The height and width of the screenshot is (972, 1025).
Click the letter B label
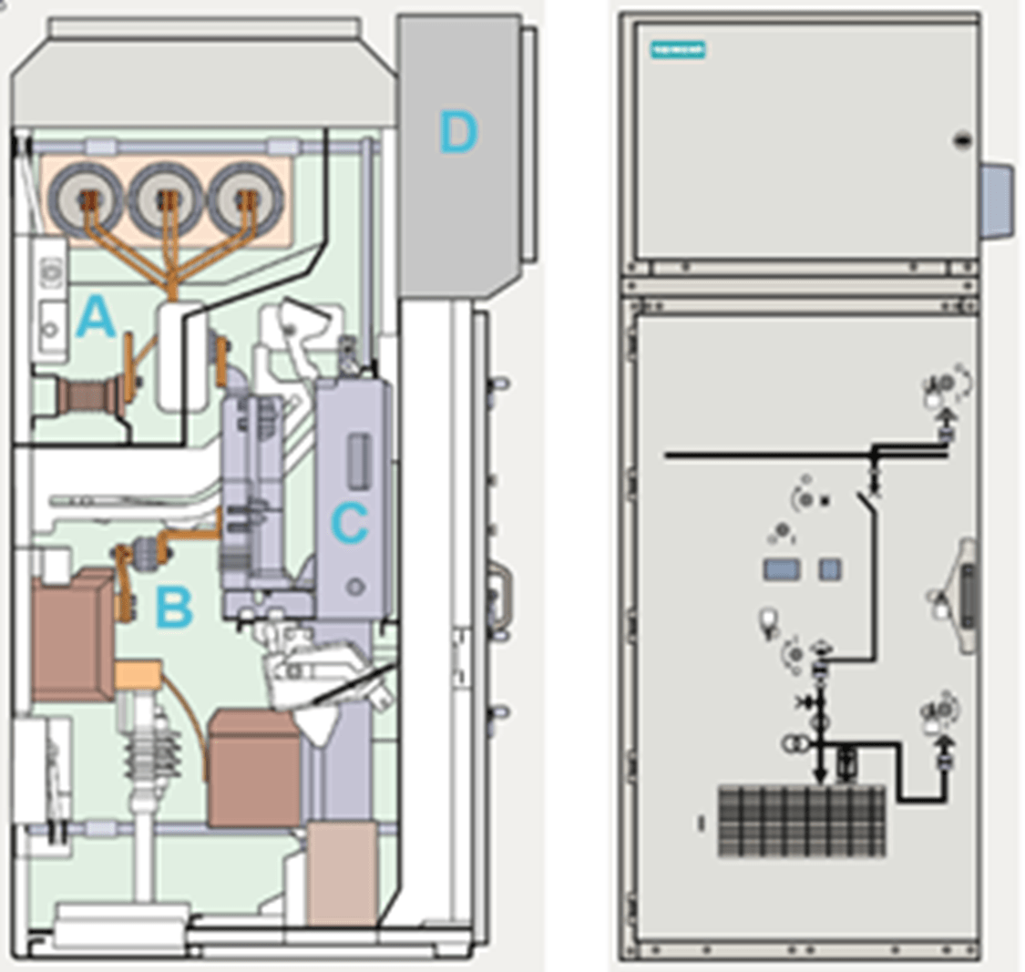(175, 609)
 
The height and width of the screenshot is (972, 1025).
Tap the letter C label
(349, 523)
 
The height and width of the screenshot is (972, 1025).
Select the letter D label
(457, 133)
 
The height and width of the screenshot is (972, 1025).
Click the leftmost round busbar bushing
(87, 198)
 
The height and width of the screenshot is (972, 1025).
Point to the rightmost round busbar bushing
(243, 198)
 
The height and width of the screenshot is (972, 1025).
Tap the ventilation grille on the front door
(801, 821)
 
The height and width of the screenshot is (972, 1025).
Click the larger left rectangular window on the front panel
(781, 570)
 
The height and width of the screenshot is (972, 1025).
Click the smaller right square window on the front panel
(829, 570)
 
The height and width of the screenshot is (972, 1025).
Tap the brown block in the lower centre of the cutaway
(254, 768)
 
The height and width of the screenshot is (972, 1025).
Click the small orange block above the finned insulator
(138, 676)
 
